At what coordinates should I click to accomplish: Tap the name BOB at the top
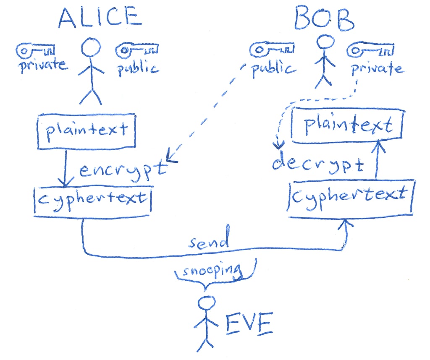tap(324, 18)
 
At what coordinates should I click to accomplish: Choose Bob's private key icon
tap(370, 52)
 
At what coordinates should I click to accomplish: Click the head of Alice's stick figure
tap(91, 47)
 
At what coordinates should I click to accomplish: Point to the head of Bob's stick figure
tap(325, 42)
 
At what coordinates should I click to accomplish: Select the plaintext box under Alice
tap(87, 130)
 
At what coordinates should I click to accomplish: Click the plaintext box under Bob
tap(348, 125)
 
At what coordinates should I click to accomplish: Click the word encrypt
tap(122, 171)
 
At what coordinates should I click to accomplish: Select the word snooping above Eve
tap(211, 271)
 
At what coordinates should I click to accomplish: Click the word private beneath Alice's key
tap(42, 65)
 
